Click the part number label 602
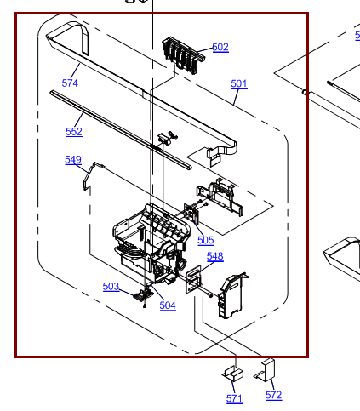(220, 48)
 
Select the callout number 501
(239, 83)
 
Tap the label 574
(70, 83)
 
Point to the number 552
(74, 132)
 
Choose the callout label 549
(73, 160)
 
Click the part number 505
(206, 240)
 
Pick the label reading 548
(214, 256)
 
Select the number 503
(111, 287)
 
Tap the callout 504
(168, 305)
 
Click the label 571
(234, 398)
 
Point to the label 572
(273, 395)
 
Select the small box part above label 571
(232, 373)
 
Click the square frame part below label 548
(195, 277)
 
